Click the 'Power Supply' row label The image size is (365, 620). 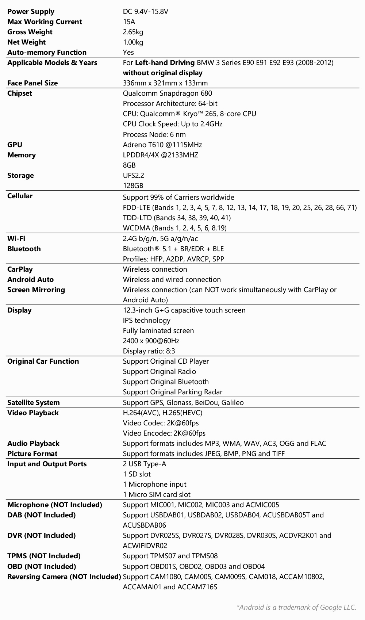pyautogui.click(x=31, y=11)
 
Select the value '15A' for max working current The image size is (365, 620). pyautogui.click(x=129, y=22)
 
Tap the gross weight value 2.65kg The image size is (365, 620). pyautogui.click(x=133, y=32)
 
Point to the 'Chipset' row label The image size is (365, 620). pyautogui.click(x=20, y=93)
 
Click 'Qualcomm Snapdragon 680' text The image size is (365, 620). pyautogui.click(x=167, y=93)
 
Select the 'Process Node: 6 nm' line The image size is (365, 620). pyautogui.click(x=154, y=134)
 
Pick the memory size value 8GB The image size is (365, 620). pyautogui.click(x=129, y=165)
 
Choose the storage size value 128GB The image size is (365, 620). pyautogui.click(x=133, y=185)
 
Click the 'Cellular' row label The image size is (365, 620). pyautogui.click(x=20, y=196)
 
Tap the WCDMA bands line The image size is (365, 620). pyautogui.click(x=174, y=228)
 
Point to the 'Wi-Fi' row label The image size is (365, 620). pyautogui.click(x=16, y=238)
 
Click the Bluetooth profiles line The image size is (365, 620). pyautogui.click(x=173, y=259)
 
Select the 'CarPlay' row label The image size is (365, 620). pyautogui.click(x=20, y=269)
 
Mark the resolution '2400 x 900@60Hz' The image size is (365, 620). pyautogui.click(x=151, y=341)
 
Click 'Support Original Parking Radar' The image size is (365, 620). pyautogui.click(x=172, y=392)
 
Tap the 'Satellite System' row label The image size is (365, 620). pyautogui.click(x=33, y=402)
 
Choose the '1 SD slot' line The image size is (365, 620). pyautogui.click(x=137, y=474)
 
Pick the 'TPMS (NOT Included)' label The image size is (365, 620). pyautogui.click(x=44, y=556)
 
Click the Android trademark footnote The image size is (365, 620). pyautogui.click(x=296, y=607)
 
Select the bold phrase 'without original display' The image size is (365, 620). pyautogui.click(x=162, y=73)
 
